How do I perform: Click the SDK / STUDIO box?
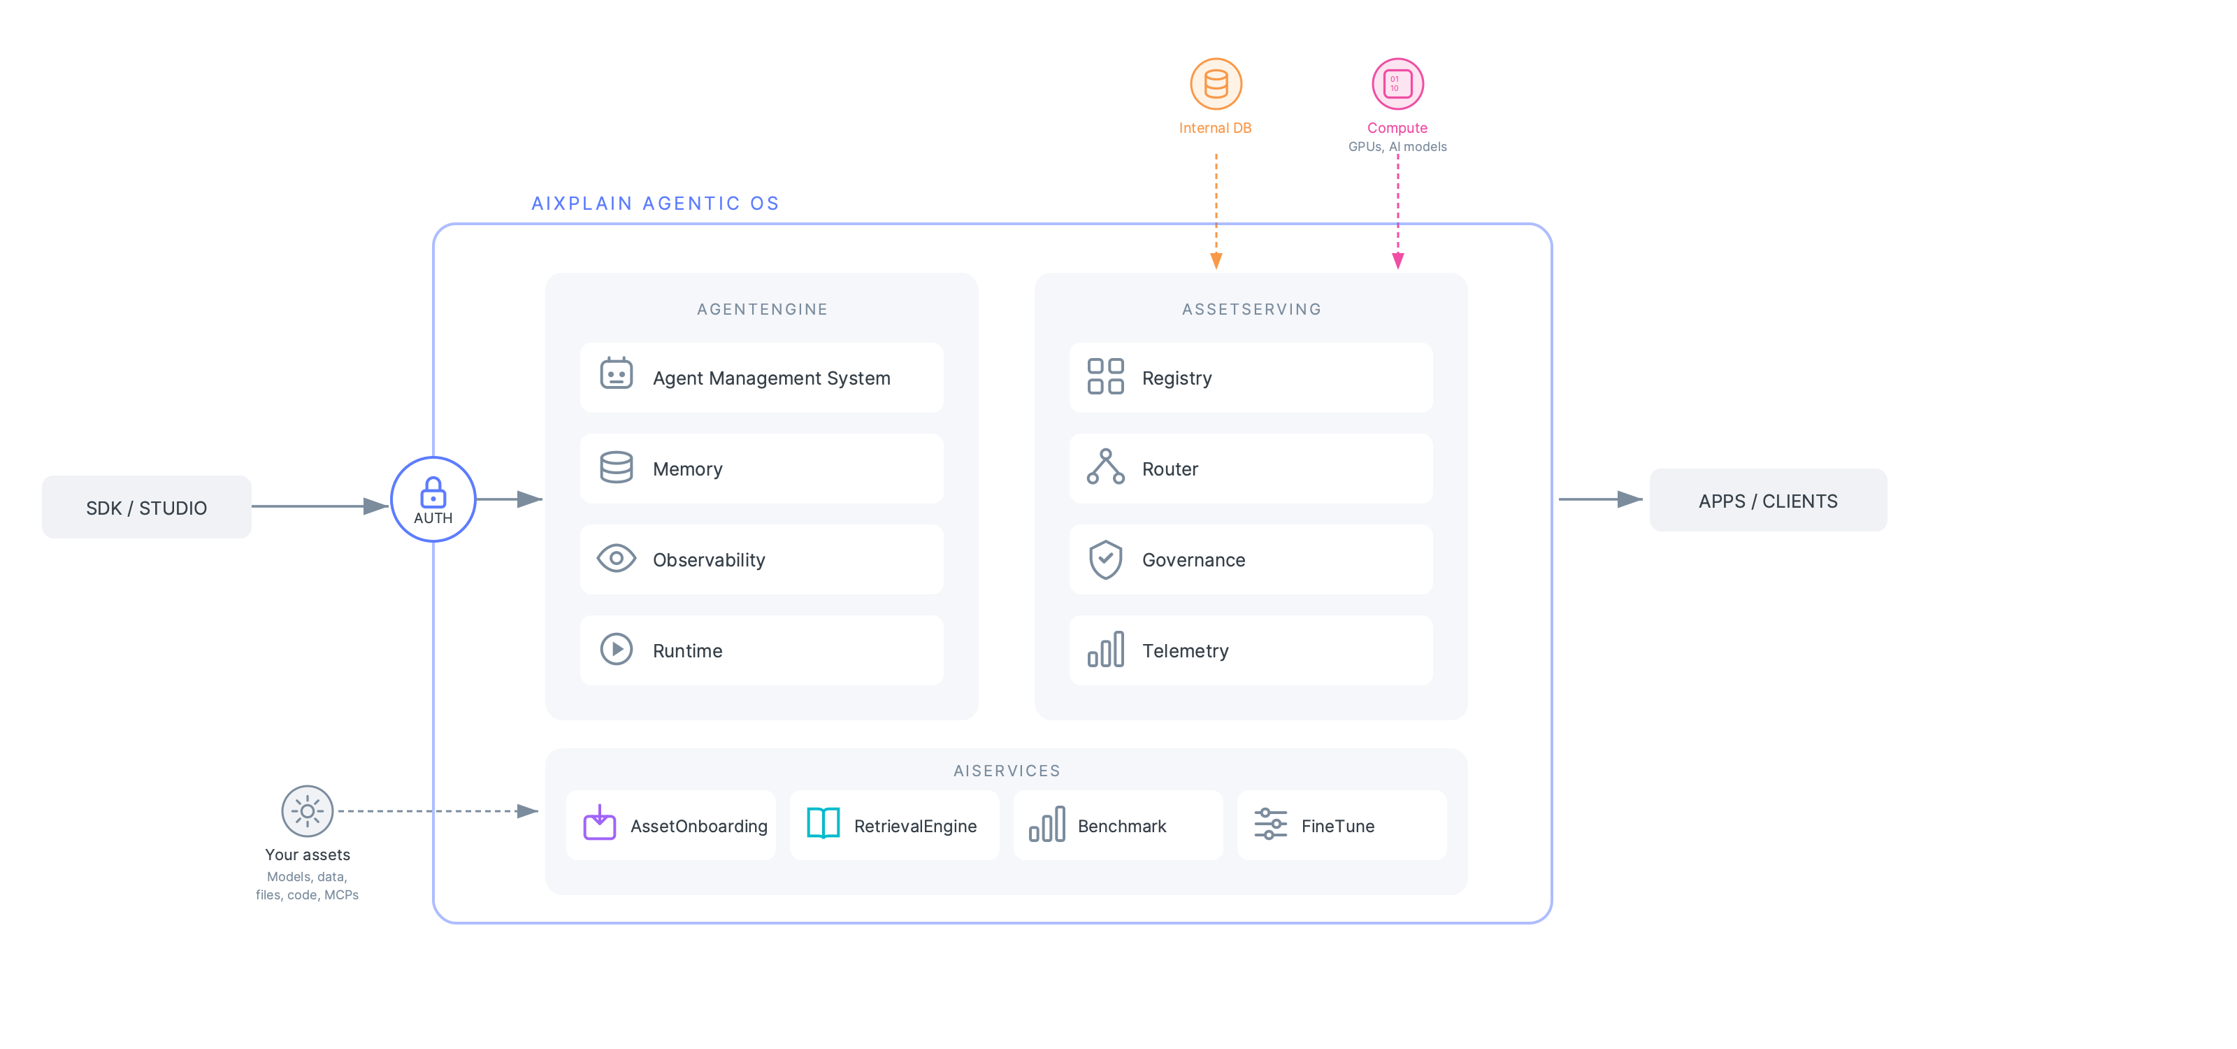click(147, 507)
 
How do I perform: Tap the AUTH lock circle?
click(433, 499)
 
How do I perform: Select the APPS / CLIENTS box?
click(1767, 501)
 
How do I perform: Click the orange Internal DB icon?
click(1215, 84)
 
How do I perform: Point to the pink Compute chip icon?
click(1397, 84)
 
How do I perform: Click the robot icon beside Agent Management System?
click(616, 374)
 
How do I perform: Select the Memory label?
click(687, 469)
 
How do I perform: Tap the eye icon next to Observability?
click(616, 558)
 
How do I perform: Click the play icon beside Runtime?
click(616, 650)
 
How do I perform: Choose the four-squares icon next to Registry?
click(1105, 377)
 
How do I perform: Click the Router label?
click(1169, 469)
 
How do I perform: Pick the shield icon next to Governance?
click(1105, 559)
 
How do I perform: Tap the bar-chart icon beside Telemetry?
click(1105, 650)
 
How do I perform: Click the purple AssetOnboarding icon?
click(599, 823)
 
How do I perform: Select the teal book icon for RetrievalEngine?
click(822, 823)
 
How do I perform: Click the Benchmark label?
click(1121, 826)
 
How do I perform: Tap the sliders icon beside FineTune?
click(1269, 823)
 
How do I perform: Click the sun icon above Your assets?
click(307, 811)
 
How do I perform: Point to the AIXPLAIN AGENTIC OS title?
click(655, 204)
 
